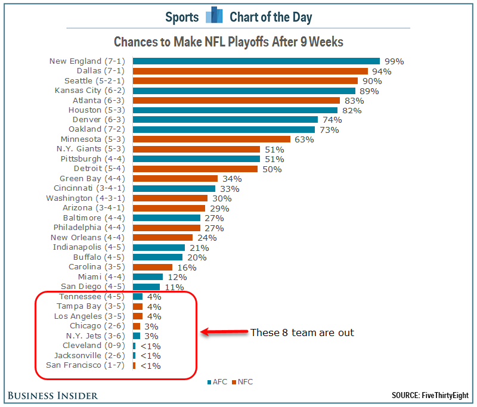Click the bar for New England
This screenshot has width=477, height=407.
[256, 61]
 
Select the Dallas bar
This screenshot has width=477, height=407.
[250, 71]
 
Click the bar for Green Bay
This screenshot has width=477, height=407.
[175, 179]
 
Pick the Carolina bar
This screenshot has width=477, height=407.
[152, 267]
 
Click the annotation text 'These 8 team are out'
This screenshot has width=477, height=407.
[302, 333]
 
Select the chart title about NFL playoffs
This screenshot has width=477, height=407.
[228, 42]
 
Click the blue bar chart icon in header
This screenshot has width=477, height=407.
[213, 15]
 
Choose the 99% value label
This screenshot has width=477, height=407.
[394, 61]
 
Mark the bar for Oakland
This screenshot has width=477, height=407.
[224, 129]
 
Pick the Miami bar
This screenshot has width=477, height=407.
[147, 276]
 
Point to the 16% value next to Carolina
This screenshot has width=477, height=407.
[186, 267]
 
